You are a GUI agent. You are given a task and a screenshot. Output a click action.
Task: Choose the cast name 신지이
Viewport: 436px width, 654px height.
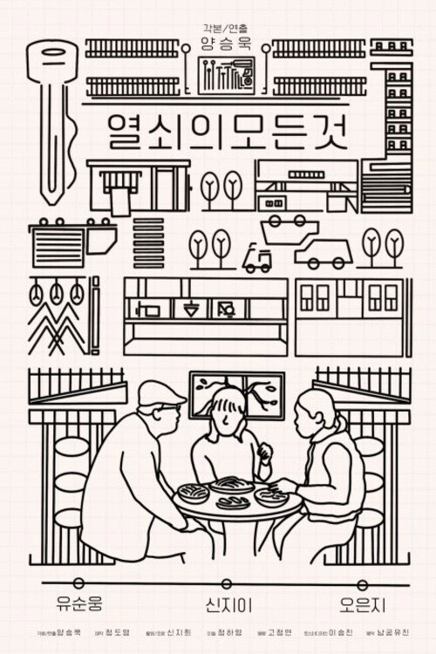tap(218, 602)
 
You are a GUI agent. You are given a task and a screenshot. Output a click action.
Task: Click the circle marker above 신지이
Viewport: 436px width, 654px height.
tap(218, 579)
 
